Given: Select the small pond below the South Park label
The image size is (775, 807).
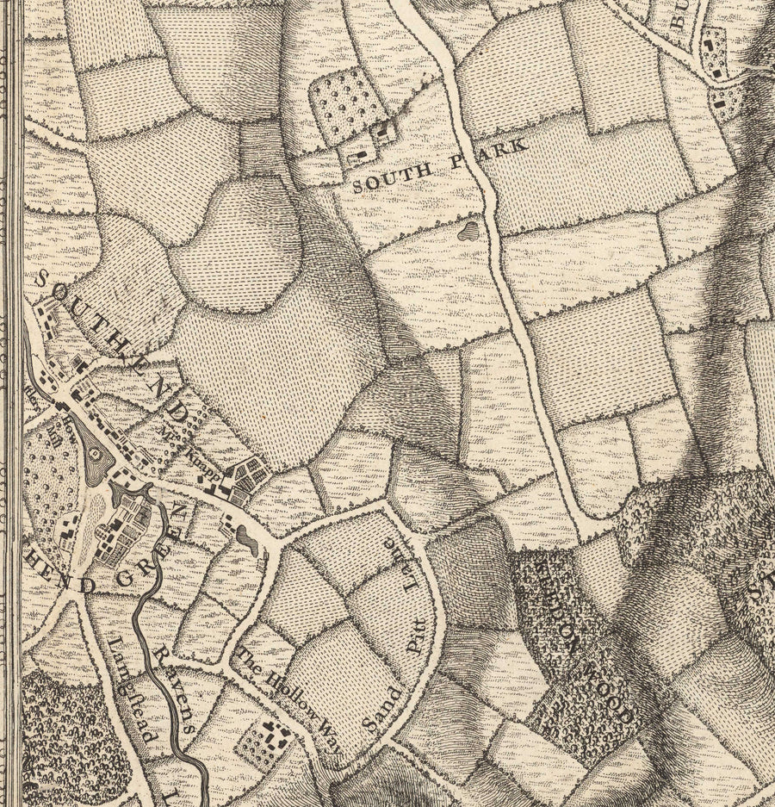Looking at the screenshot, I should (x=468, y=230).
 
